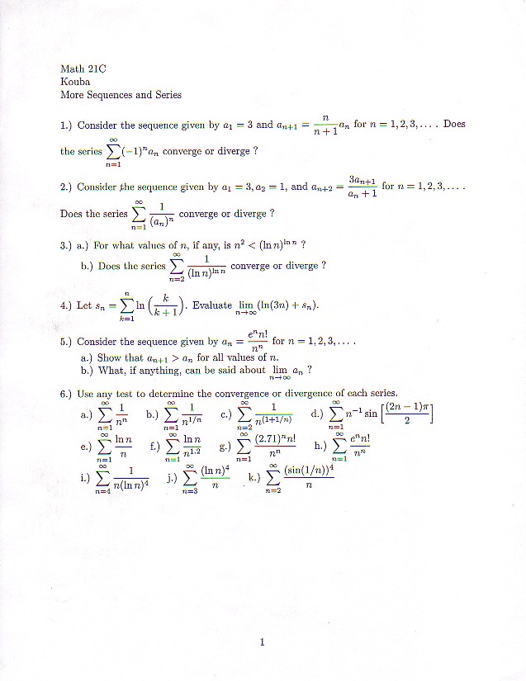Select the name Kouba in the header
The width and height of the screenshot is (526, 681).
coord(75,82)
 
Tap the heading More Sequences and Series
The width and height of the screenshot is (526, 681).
coord(121,95)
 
